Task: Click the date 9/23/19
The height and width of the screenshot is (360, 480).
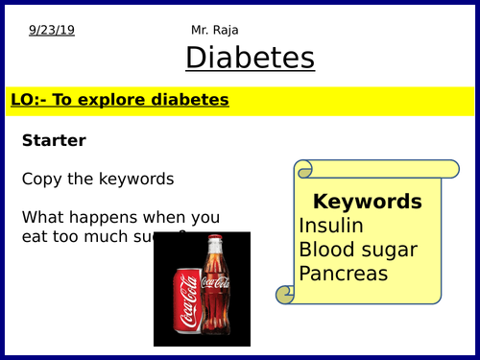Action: (x=52, y=30)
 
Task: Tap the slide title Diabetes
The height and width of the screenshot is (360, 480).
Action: (x=250, y=58)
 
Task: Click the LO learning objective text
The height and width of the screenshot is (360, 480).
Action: (x=119, y=100)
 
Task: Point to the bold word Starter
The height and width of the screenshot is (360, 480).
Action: (x=54, y=140)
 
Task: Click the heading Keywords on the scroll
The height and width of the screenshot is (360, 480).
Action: (x=367, y=202)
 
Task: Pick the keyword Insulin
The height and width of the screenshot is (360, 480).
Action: (x=331, y=226)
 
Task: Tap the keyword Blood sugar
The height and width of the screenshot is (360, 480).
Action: (x=358, y=250)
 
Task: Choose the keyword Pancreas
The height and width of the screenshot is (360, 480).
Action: (x=344, y=274)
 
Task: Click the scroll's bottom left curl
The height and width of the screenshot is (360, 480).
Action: (x=284, y=294)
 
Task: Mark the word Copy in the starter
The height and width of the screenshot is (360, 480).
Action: (x=40, y=179)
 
